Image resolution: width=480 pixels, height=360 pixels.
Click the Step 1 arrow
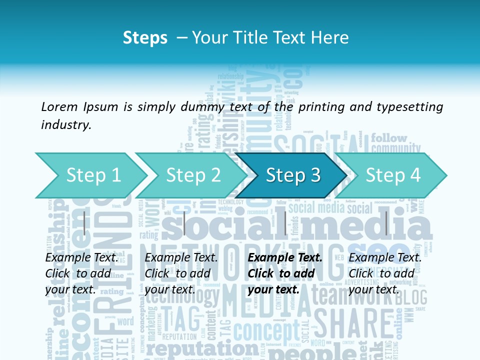coord(93,175)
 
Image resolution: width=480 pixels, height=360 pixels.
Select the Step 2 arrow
coord(193,175)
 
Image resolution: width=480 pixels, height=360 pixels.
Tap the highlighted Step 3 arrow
coord(293,175)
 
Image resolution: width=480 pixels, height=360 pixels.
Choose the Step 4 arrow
coord(393,175)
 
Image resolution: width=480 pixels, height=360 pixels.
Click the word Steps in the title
coord(145,38)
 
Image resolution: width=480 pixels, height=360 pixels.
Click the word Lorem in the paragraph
coord(59,106)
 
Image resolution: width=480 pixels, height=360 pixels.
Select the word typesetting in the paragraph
coord(413,106)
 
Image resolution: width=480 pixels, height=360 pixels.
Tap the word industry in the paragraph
coord(65,125)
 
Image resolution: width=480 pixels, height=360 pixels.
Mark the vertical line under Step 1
coord(84,223)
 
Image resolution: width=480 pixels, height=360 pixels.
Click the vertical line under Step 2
coord(184,223)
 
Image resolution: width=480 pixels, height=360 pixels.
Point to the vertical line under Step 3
coord(285,223)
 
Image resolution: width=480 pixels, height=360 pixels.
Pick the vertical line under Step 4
coord(386,223)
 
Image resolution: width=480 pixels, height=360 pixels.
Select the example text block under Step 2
coord(181,273)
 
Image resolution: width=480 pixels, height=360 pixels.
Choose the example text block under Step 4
coord(385,273)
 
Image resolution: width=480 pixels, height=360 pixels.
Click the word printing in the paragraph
coord(320,106)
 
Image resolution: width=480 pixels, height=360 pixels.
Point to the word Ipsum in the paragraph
coord(100,106)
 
